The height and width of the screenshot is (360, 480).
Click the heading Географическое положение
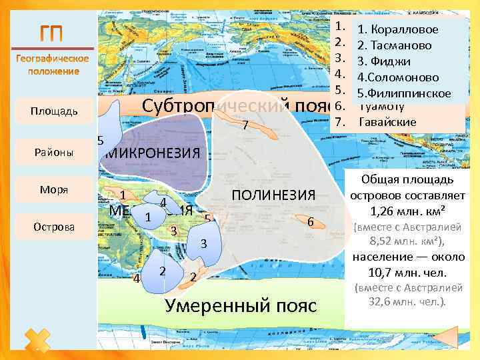[x=52, y=65]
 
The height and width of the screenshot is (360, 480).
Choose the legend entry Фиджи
[x=387, y=61]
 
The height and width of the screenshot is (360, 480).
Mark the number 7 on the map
[x=245, y=125]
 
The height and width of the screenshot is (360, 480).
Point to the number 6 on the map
[x=311, y=221]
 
